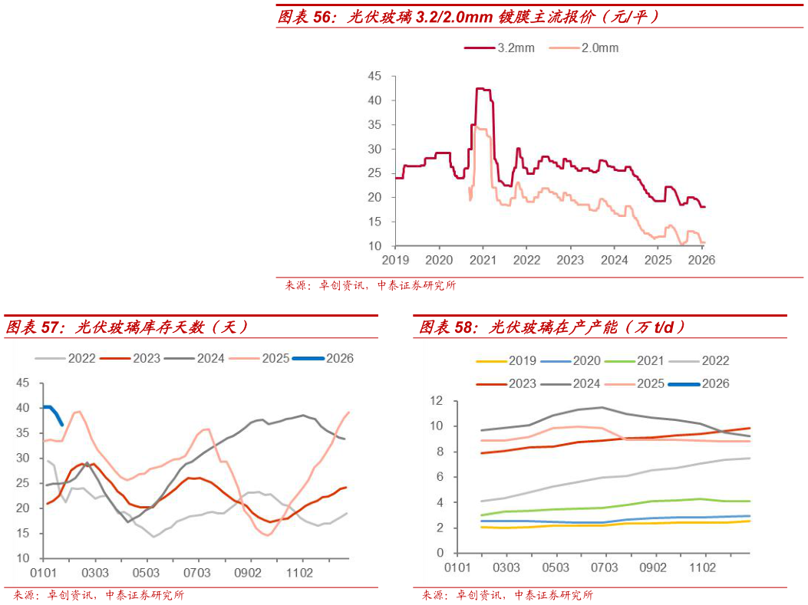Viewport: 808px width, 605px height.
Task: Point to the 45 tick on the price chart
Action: (x=375, y=76)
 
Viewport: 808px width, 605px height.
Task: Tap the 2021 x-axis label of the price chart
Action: (x=482, y=260)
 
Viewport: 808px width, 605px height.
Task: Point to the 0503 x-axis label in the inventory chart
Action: (x=146, y=573)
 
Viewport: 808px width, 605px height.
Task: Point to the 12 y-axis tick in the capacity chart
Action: (x=437, y=400)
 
